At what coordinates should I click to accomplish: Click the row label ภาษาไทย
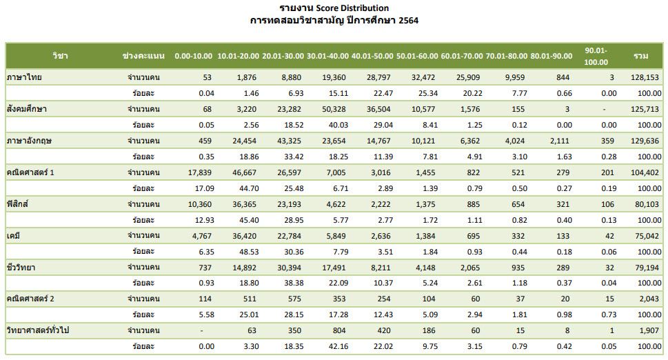[24, 77]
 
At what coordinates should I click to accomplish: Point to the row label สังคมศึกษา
[27, 109]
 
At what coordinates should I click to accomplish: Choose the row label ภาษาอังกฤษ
[30, 141]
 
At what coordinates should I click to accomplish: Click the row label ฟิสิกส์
[21, 204]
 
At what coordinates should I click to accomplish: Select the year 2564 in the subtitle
[407, 21]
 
